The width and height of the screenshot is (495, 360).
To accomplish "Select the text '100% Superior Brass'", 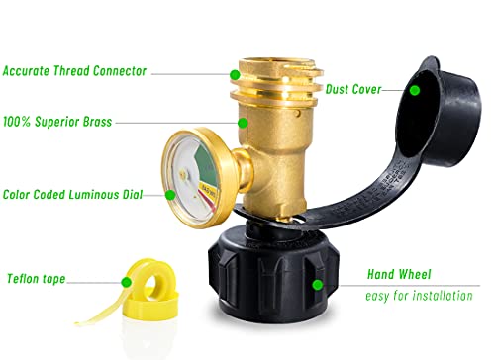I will [x=57, y=122].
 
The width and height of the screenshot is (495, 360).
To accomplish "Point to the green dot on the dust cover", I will [x=416, y=90].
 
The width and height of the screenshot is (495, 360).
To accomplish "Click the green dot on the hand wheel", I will [x=317, y=284].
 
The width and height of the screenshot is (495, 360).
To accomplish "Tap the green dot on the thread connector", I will [x=234, y=73].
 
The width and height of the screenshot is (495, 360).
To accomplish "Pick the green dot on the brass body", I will [x=241, y=123].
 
